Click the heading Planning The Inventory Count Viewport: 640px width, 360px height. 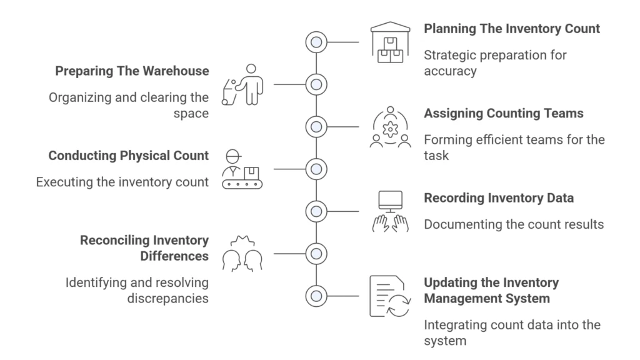(511, 29)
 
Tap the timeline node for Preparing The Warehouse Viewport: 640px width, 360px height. (316, 84)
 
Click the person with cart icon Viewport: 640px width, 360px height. (243, 84)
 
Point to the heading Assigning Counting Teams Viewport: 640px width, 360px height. (503, 113)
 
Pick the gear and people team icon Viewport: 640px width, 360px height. (390, 127)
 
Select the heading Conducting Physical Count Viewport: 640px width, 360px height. (128, 156)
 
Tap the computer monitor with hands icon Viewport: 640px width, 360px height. (390, 211)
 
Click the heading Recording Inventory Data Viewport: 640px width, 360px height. (499, 198)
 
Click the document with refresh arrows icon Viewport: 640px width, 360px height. (390, 296)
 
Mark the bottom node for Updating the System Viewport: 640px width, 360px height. (316, 296)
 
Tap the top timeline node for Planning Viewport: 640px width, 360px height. (316, 42)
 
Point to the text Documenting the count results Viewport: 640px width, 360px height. (514, 224)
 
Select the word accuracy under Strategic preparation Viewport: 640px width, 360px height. (449, 71)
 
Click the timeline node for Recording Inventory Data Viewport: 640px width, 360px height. (316, 211)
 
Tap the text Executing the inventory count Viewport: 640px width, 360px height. (122, 182)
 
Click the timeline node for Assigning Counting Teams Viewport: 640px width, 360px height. (316, 126)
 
